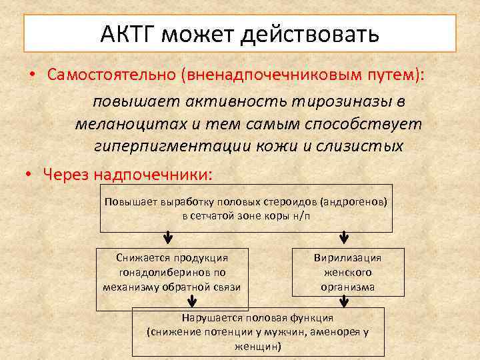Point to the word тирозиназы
pos(347,102)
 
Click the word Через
pos(67,175)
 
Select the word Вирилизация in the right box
pos(347,258)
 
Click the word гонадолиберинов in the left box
pos(172,273)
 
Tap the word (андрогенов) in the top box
pos(354,201)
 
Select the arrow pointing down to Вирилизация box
pos(344,238)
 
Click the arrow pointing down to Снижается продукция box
pos(168,238)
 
